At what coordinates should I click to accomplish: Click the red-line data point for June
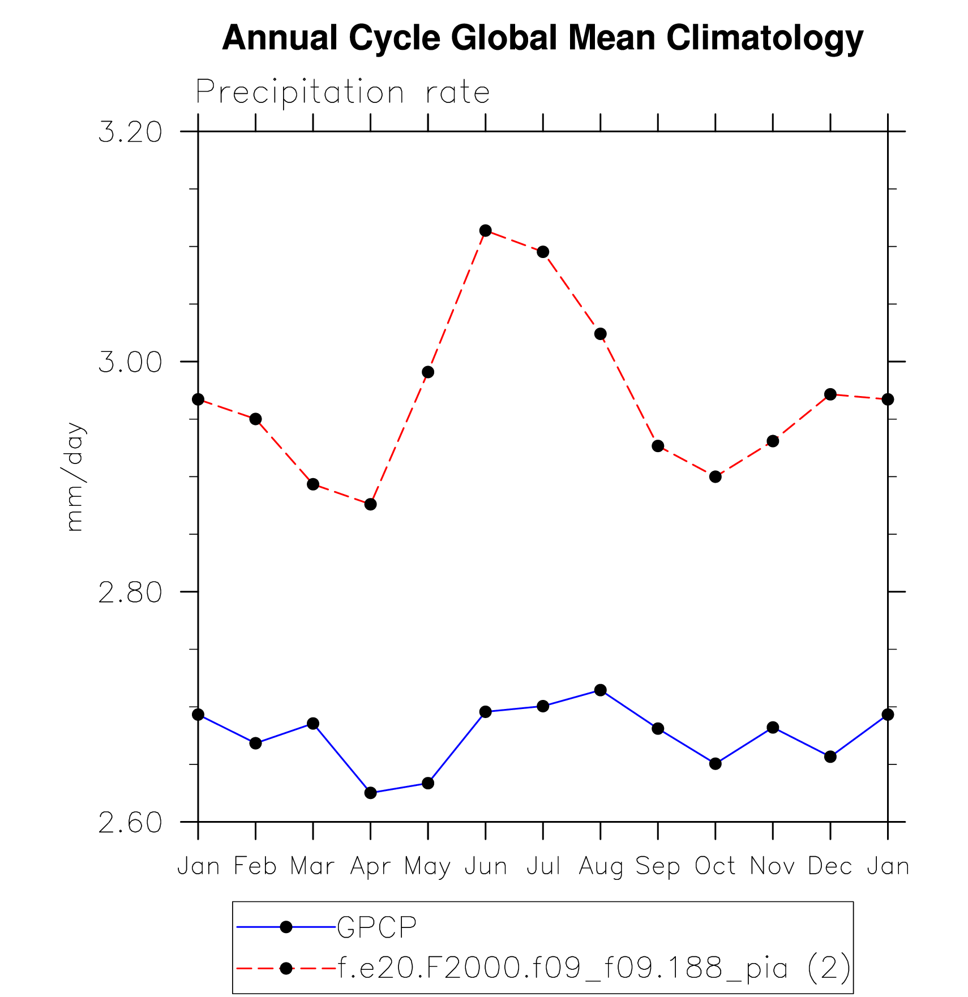(x=485, y=230)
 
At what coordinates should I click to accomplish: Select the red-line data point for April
(x=370, y=504)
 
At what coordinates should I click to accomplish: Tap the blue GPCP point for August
(x=601, y=690)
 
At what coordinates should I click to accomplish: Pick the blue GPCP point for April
(x=370, y=793)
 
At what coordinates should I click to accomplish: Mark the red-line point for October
(x=716, y=476)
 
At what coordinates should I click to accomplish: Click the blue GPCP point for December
(x=830, y=757)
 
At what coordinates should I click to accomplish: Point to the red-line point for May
(x=428, y=372)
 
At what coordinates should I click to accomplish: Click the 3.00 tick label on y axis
(x=130, y=362)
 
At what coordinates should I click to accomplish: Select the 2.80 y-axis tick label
(x=130, y=592)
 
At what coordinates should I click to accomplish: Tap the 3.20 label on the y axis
(x=130, y=132)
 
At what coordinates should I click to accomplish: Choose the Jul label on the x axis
(x=543, y=867)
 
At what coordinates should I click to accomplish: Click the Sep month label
(x=658, y=867)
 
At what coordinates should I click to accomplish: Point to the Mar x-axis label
(x=312, y=867)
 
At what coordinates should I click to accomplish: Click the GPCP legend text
(x=377, y=927)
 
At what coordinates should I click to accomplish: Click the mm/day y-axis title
(x=74, y=476)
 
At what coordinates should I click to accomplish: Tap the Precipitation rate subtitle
(x=342, y=92)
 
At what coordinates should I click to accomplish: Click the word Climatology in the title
(x=765, y=38)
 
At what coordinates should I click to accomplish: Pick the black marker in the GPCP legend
(x=286, y=927)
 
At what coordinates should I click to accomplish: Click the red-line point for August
(x=601, y=334)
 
